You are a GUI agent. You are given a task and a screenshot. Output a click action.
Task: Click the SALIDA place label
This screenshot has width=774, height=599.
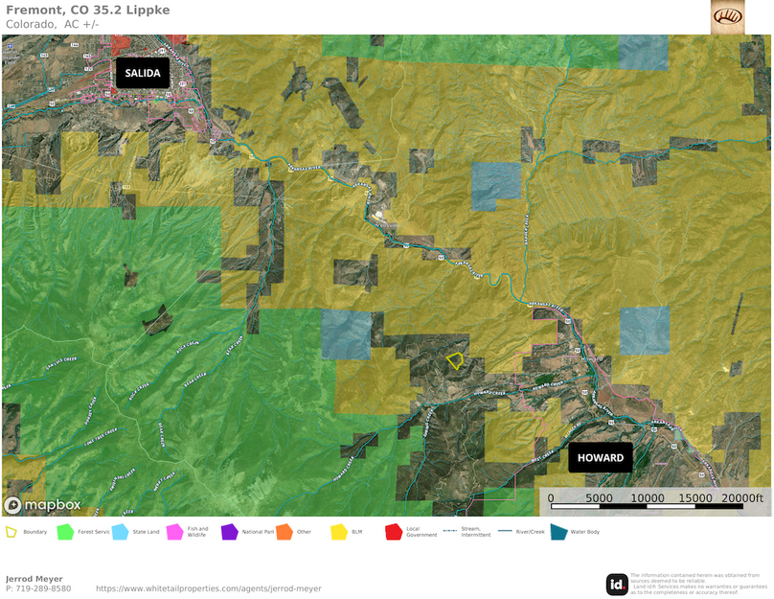point(143,74)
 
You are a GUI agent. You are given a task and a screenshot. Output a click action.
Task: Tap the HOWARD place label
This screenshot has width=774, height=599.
point(601,457)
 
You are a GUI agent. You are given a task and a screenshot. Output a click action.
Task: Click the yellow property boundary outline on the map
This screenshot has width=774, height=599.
point(455,361)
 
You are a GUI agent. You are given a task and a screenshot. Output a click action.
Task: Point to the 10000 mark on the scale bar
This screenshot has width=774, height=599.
point(648,498)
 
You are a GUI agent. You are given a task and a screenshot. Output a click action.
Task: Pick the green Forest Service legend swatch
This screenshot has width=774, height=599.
point(65,531)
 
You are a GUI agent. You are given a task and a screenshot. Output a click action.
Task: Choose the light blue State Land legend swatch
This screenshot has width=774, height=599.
point(120,531)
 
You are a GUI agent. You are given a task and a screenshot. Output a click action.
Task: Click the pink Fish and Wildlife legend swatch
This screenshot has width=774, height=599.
point(174,531)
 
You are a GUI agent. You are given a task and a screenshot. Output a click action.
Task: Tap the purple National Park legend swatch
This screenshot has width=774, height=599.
point(229,531)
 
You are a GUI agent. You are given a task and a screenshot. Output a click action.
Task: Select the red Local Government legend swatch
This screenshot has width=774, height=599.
point(393,531)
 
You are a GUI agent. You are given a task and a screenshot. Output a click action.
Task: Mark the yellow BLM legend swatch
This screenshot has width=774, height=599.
point(338,531)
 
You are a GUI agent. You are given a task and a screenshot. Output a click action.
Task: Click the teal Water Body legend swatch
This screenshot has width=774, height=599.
point(558,531)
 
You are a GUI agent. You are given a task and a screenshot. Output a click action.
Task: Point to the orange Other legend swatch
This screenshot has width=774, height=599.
point(284,531)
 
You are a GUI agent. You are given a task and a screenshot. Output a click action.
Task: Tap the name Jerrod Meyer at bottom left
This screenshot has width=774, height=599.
point(34,578)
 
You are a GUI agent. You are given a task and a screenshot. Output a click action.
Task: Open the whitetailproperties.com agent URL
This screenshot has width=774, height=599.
point(209,588)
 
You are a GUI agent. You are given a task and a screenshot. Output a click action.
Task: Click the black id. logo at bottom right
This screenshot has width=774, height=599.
point(617,584)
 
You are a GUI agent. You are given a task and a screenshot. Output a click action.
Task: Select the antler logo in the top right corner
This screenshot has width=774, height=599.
point(727,16)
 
